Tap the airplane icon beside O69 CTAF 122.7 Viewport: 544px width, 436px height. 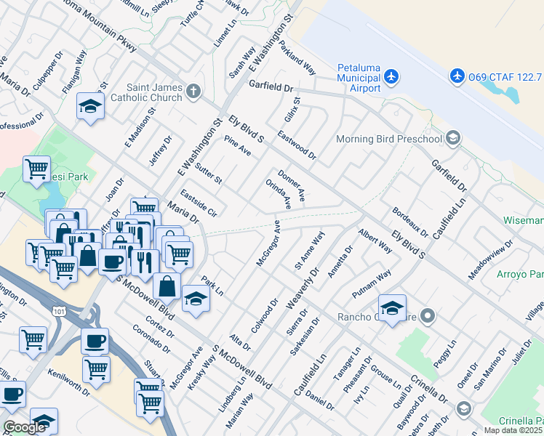[x=457, y=75]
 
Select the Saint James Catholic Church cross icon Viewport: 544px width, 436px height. [x=193, y=92]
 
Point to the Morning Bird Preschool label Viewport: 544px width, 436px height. [x=389, y=139]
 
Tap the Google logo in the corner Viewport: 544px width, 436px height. [x=24, y=427]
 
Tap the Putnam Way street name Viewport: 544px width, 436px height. [x=372, y=283]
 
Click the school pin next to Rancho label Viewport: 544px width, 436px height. [x=392, y=307]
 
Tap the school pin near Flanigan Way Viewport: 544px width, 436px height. [x=90, y=106]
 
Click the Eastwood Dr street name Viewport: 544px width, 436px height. [x=297, y=145]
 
